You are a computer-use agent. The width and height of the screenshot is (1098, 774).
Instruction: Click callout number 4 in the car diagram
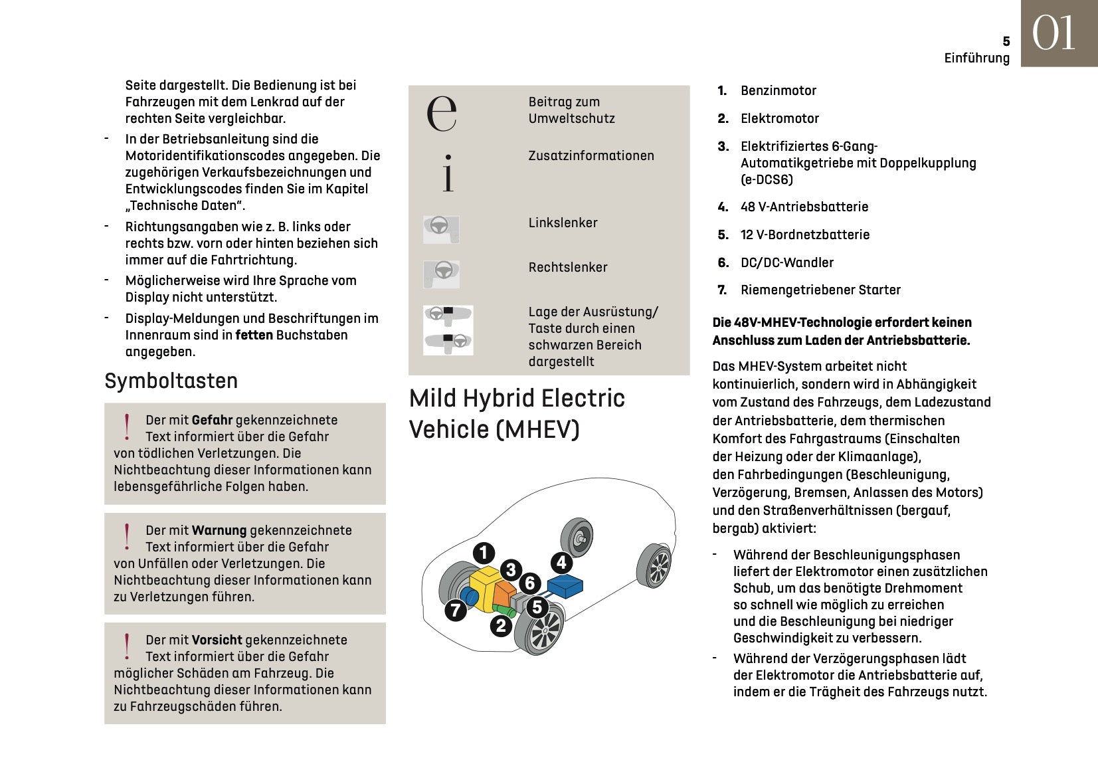coord(561,563)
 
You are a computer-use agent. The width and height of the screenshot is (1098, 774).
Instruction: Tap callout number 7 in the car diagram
coord(455,610)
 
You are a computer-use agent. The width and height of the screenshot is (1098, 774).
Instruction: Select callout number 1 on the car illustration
coord(484,553)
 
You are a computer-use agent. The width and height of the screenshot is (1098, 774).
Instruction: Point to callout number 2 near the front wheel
coord(501,625)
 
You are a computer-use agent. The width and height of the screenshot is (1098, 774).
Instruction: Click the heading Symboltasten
coord(171,381)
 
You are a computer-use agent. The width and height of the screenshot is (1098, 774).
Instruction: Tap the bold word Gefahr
coord(212,420)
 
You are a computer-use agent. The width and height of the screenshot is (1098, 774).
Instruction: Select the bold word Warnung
coord(219,530)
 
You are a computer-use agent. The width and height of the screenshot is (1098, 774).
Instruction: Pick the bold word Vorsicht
coord(217,640)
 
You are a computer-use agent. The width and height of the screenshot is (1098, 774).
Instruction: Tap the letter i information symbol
coord(448,174)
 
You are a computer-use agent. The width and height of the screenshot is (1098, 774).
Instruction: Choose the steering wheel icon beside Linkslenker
coord(441,229)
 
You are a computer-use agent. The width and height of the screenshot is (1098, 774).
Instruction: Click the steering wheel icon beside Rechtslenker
coord(441,273)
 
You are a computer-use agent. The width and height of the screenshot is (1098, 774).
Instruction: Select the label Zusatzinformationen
coord(591,155)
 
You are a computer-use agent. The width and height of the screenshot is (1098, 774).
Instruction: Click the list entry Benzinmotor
coord(778,90)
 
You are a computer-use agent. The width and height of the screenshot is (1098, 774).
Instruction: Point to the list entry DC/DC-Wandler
coord(786,262)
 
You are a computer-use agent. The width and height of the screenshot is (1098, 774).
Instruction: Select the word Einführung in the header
coord(976,58)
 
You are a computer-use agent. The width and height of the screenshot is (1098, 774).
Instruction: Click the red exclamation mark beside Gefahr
coord(127,427)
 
